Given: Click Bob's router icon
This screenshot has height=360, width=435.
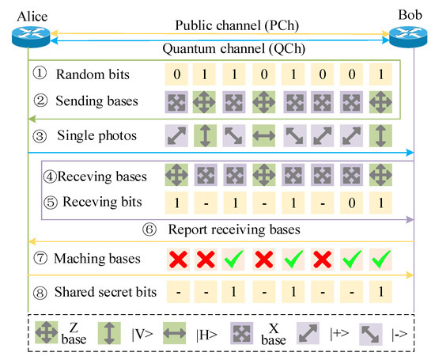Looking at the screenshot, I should click(x=407, y=35).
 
